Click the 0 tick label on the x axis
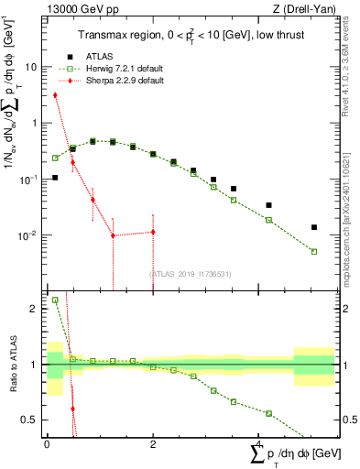47,442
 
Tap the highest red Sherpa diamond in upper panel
55,94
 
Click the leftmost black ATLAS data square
55,178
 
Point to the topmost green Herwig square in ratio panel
55,300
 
